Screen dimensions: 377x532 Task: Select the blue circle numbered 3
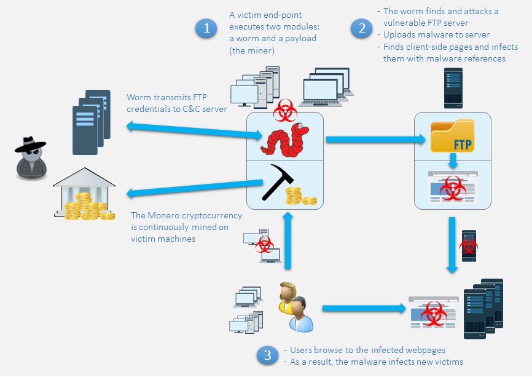(x=267, y=355)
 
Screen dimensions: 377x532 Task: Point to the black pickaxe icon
(x=276, y=182)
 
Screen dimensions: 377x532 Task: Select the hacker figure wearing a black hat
(x=29, y=157)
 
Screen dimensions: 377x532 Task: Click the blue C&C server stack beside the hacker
(x=91, y=122)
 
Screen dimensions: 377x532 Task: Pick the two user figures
(x=295, y=306)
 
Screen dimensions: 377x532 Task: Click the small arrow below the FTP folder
(x=453, y=162)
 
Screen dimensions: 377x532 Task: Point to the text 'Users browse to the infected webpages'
(x=368, y=350)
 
